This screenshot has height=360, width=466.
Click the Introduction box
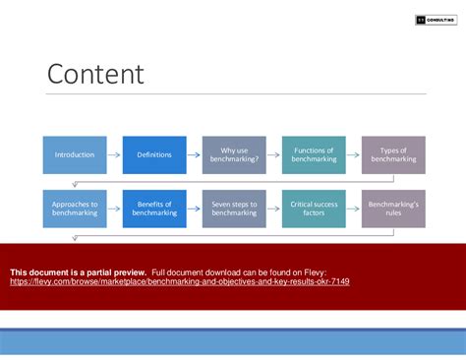pos(75,155)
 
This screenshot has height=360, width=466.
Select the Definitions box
pos(154,155)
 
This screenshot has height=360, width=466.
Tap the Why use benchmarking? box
pos(234,155)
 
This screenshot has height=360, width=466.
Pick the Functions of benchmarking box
pos(314,155)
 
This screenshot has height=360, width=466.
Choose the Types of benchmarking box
pos(393,155)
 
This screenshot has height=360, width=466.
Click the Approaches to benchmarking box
pos(75,209)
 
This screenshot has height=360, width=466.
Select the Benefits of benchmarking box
pos(154,209)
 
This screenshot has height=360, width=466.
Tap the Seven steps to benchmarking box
pos(234,209)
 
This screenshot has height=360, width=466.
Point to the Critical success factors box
pos(314,209)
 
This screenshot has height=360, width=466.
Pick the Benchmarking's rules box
pos(393,209)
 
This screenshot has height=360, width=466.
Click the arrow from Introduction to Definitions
pos(115,155)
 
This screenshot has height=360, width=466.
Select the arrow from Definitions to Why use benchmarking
pos(195,155)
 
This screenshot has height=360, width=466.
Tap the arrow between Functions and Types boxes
pos(354,155)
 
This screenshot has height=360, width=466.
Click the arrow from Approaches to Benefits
pos(115,209)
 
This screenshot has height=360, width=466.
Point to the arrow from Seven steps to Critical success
pos(274,209)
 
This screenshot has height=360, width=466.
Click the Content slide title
pos(95,75)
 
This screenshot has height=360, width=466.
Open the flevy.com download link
pos(180,281)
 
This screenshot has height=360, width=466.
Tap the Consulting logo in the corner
pos(433,19)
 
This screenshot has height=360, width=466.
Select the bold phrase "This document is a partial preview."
pos(79,271)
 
